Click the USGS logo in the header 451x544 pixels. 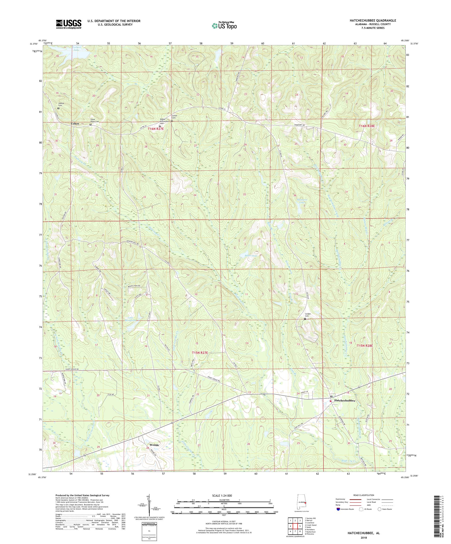click(69, 24)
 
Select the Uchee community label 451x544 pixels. click(75, 124)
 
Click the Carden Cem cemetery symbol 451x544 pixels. click(305, 319)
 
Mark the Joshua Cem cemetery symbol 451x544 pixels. click(58, 109)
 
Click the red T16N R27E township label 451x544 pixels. click(156, 129)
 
